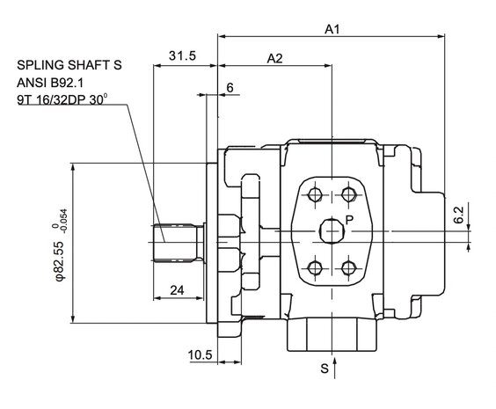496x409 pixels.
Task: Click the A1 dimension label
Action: click(x=332, y=29)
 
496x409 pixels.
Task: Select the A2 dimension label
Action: click(x=274, y=59)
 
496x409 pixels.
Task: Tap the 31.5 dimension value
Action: click(x=183, y=55)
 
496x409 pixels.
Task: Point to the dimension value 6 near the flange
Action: click(x=230, y=88)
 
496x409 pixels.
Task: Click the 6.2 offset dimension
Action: click(x=458, y=215)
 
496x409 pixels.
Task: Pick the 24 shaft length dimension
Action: click(x=177, y=290)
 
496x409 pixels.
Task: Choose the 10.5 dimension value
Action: click(x=201, y=355)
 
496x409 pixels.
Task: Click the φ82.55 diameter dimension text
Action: click(x=60, y=260)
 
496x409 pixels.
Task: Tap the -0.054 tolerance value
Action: click(x=64, y=222)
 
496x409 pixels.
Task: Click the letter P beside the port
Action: click(x=349, y=220)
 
